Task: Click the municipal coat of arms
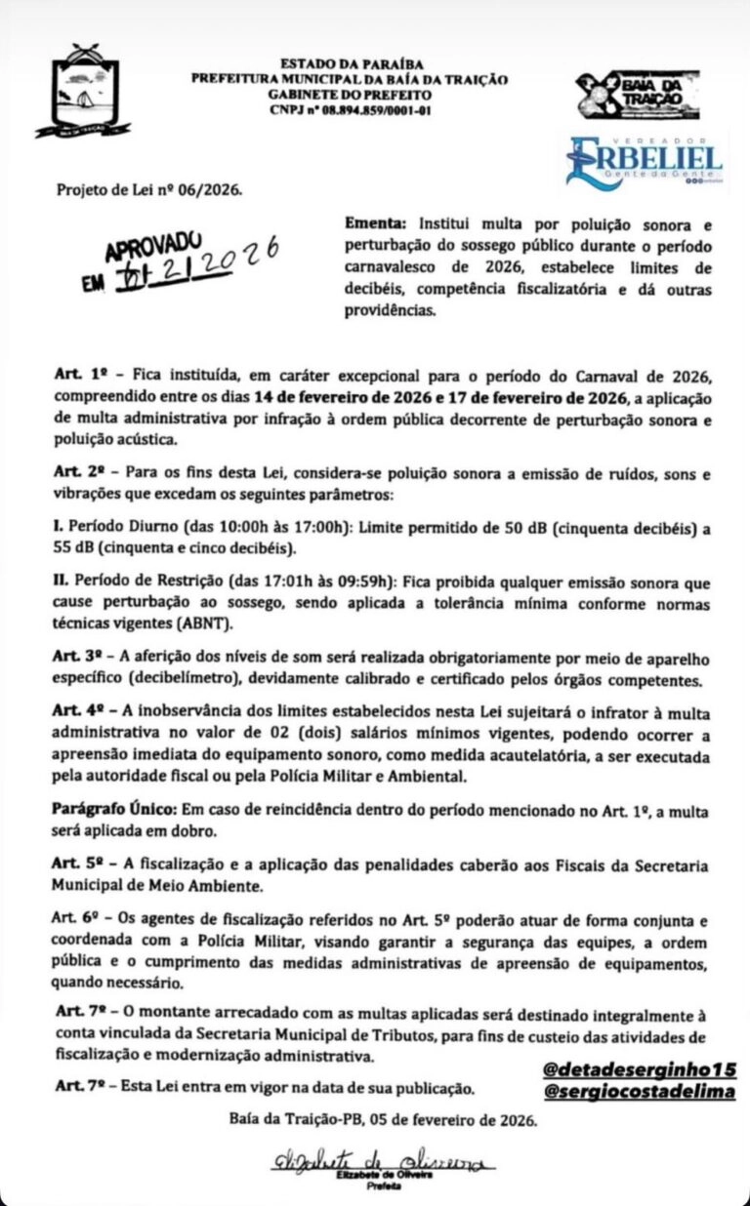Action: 83,91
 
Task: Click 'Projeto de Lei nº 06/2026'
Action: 148,190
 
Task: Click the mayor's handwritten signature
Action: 377,1161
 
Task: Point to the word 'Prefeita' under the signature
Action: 377,1187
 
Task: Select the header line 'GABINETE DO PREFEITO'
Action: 350,96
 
